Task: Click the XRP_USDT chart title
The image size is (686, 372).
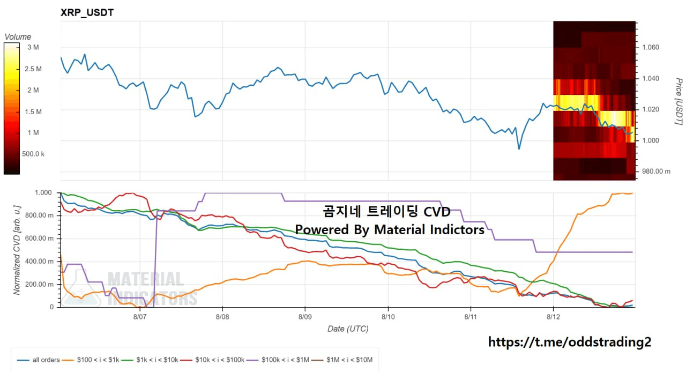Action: (x=87, y=12)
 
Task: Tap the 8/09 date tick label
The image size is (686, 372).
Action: (x=305, y=317)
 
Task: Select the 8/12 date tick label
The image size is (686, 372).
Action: (x=553, y=317)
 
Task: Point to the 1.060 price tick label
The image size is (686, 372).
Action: (x=651, y=47)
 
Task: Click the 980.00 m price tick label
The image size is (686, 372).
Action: (x=656, y=172)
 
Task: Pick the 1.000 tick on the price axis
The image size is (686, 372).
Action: (x=651, y=140)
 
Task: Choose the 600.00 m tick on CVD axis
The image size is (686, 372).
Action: (x=39, y=239)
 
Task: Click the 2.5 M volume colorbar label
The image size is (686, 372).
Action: (x=33, y=69)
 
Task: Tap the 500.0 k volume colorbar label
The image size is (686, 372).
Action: (x=33, y=154)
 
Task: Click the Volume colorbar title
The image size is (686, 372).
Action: (x=18, y=37)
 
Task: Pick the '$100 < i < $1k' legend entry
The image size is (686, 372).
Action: (x=91, y=360)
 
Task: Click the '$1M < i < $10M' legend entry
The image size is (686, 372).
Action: (x=342, y=360)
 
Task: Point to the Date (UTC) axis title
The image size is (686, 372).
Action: (x=348, y=329)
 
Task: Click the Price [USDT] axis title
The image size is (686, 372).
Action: (x=678, y=101)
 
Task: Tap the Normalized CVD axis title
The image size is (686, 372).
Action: (x=17, y=250)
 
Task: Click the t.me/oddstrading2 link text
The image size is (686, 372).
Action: (x=570, y=342)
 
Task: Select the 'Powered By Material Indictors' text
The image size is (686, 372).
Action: (x=390, y=229)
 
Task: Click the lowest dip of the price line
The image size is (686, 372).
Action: (x=519, y=149)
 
